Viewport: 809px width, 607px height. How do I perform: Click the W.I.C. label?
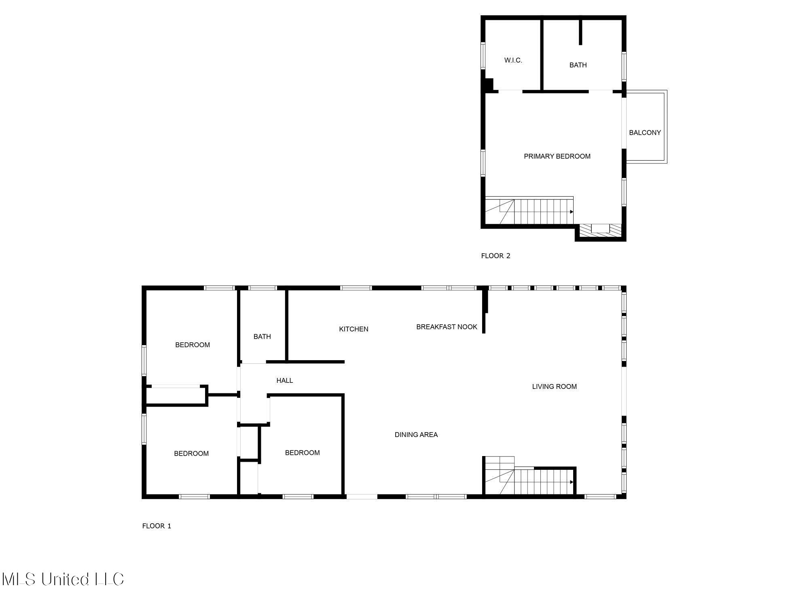click(x=513, y=60)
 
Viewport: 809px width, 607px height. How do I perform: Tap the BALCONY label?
click(x=645, y=132)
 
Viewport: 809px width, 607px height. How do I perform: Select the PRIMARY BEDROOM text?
click(x=557, y=156)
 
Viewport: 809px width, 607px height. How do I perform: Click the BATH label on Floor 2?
click(x=578, y=65)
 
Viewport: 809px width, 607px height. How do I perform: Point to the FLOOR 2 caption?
click(x=496, y=256)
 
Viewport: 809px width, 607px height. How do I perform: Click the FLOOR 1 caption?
click(x=157, y=526)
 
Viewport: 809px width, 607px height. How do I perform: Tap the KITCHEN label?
click(x=354, y=329)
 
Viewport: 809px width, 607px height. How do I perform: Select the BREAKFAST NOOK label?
click(x=447, y=327)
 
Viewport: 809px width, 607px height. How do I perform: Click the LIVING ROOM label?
click(x=554, y=386)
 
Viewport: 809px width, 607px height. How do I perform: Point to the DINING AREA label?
click(x=416, y=435)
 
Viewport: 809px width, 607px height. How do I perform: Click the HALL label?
click(x=284, y=380)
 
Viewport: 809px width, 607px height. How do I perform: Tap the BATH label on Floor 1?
click(x=262, y=336)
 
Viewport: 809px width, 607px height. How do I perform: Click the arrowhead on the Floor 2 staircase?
click(x=572, y=212)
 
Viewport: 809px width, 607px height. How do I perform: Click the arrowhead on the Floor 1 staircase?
click(x=572, y=482)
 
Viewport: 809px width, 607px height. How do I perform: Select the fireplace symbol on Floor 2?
click(x=600, y=229)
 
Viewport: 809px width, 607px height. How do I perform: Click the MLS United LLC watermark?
click(x=63, y=579)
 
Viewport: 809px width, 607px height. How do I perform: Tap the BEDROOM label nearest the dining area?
click(x=302, y=452)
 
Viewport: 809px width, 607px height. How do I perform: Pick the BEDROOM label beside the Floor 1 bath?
click(x=192, y=345)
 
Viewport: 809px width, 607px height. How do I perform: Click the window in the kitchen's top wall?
click(x=356, y=288)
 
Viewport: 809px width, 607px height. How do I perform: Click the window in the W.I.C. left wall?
click(x=483, y=55)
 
